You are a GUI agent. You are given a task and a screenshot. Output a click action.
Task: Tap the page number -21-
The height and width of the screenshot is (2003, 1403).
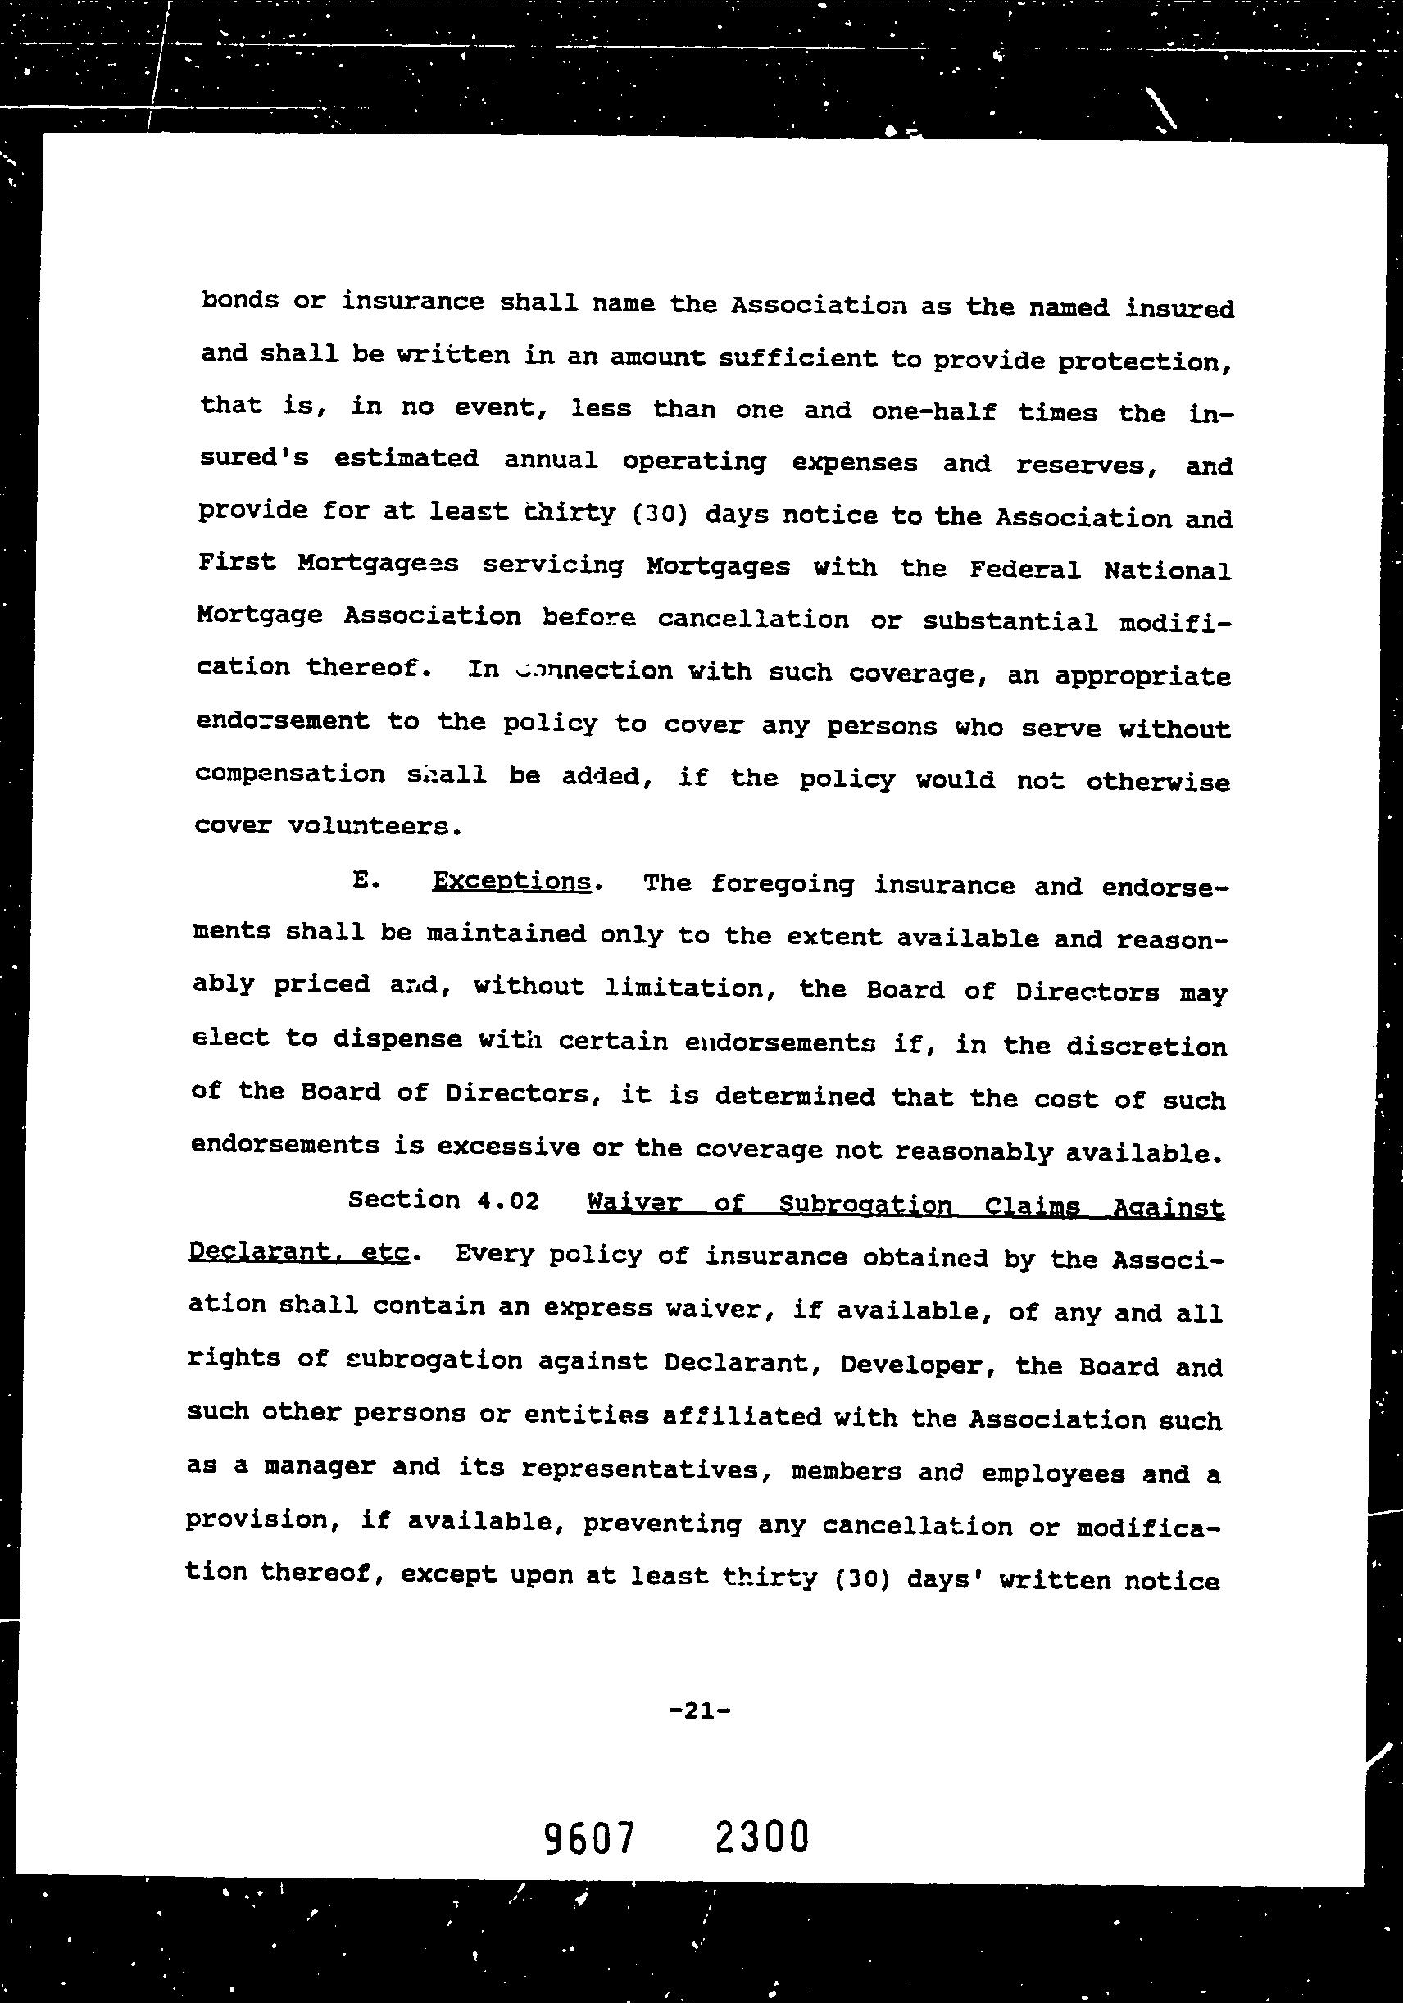click(698, 1710)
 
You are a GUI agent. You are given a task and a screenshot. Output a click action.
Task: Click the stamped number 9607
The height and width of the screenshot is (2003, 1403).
click(589, 1838)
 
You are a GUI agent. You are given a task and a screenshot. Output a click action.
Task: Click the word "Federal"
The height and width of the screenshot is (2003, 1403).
click(1024, 570)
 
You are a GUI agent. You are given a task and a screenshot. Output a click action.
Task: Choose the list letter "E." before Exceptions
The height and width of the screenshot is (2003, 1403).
click(366, 880)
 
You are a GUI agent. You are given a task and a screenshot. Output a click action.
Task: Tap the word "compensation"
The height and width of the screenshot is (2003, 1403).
click(289, 774)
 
